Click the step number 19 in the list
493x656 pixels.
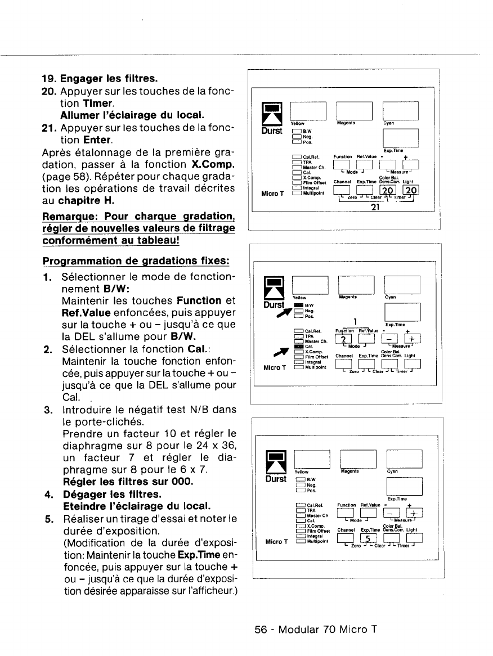50,77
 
